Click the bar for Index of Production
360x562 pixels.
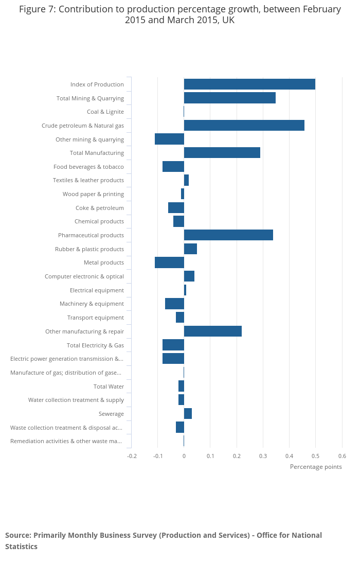click(249, 84)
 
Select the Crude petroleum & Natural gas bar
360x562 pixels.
click(244, 126)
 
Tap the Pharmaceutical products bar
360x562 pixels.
click(228, 235)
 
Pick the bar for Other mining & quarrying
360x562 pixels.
click(169, 139)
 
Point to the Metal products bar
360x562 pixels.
click(169, 262)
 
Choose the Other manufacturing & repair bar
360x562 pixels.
click(212, 331)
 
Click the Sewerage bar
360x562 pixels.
click(188, 414)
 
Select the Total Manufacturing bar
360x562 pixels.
click(222, 153)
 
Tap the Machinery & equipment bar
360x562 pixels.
click(174, 304)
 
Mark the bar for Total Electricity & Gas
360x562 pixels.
click(173, 345)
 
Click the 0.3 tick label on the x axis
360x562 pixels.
click(263, 456)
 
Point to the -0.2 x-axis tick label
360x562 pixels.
click(132, 456)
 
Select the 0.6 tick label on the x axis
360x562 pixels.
click(342, 456)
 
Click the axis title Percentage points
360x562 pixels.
click(316, 467)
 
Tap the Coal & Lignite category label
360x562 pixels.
click(105, 112)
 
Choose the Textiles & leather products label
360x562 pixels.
click(88, 180)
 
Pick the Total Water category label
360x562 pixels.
click(109, 387)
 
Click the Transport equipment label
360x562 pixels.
click(96, 318)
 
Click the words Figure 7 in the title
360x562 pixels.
click(36, 9)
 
